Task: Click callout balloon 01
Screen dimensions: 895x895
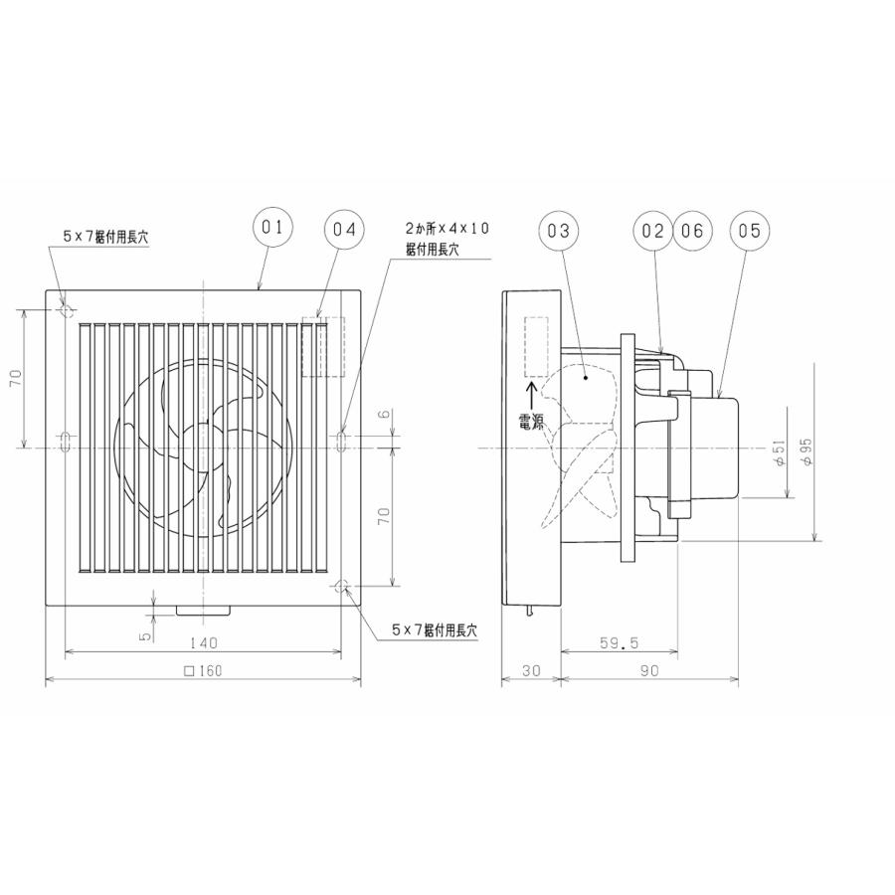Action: pyautogui.click(x=272, y=228)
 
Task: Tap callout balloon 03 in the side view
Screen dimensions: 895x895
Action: pyautogui.click(x=558, y=231)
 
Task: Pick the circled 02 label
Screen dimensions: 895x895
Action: pyautogui.click(x=652, y=231)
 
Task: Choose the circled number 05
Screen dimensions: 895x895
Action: pyautogui.click(x=749, y=231)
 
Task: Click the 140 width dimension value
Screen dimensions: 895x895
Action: pyautogui.click(x=206, y=643)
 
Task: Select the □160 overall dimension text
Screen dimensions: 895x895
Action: pyautogui.click(x=204, y=671)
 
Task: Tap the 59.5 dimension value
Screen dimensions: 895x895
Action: pyautogui.click(x=620, y=643)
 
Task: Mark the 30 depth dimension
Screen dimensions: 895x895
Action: pyautogui.click(x=531, y=671)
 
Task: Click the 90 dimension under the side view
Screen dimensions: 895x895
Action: pyautogui.click(x=649, y=671)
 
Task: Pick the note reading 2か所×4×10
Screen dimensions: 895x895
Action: pyautogui.click(x=447, y=228)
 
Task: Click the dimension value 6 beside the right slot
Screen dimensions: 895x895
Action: pyautogui.click(x=384, y=417)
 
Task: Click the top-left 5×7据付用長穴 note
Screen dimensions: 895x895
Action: pyautogui.click(x=105, y=238)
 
